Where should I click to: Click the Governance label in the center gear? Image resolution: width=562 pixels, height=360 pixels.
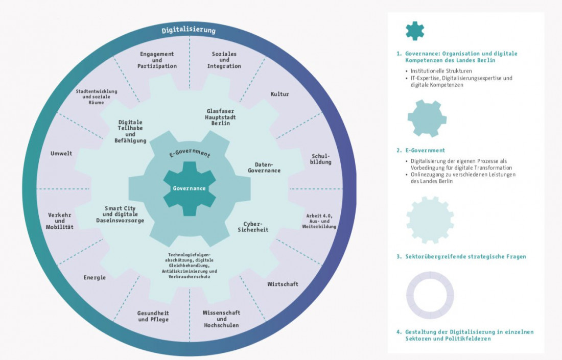(x=189, y=188)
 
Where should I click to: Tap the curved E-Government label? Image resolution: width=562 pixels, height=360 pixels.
(x=190, y=154)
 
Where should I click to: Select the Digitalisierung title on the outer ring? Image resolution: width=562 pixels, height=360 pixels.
(x=189, y=31)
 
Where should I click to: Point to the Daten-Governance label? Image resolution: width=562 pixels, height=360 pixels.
(x=264, y=167)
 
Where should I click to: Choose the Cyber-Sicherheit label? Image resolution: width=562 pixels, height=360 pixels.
(x=252, y=227)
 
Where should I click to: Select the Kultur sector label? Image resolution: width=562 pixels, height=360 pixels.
(x=279, y=94)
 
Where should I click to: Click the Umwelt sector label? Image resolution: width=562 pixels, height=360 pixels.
(x=61, y=153)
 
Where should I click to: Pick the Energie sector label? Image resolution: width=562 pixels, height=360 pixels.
(x=95, y=278)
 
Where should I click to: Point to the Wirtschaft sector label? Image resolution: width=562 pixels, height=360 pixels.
(x=283, y=284)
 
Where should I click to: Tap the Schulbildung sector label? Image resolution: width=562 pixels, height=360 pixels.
(x=321, y=159)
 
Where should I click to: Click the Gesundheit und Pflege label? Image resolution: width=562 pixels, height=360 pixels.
(x=153, y=316)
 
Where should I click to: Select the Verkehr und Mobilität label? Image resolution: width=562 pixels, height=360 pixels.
(x=60, y=221)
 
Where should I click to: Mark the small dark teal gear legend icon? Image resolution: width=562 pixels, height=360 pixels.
(x=414, y=31)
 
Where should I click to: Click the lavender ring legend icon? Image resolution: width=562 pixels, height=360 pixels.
(x=430, y=295)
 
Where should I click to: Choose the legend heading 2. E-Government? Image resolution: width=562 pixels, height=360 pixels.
(x=420, y=151)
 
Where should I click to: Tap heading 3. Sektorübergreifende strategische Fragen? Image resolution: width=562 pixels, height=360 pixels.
(x=461, y=257)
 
